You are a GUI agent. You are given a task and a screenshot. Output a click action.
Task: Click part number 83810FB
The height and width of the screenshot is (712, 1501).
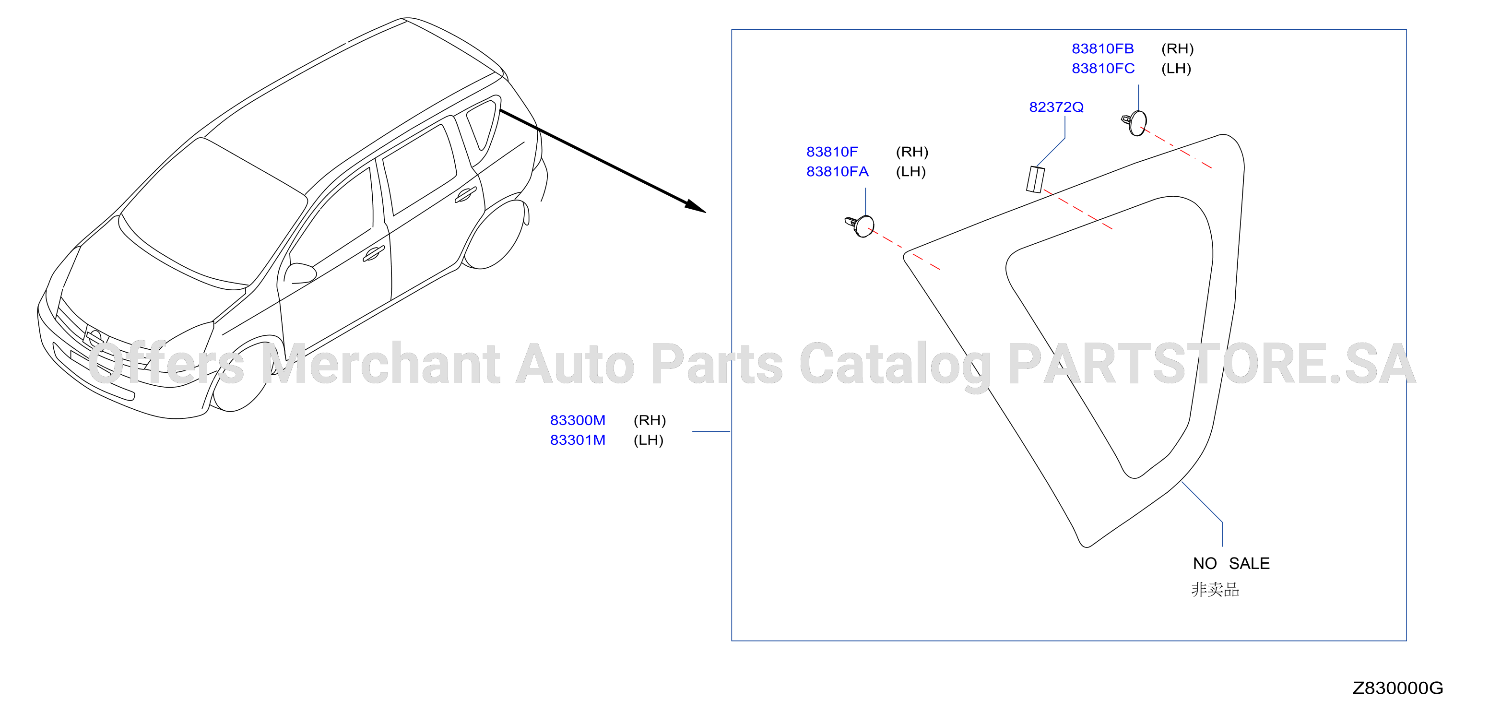(1102, 48)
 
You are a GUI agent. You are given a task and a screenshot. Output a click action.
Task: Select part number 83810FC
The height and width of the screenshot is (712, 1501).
(1103, 68)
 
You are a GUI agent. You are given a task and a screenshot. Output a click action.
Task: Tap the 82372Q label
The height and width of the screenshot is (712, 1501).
(1056, 107)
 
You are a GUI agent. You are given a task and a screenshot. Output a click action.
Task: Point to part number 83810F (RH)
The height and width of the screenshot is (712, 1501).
(832, 152)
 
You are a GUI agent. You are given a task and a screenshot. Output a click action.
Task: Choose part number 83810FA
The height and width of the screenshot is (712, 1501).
(837, 171)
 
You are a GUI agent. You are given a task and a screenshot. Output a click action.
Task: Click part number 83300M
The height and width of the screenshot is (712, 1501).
(578, 420)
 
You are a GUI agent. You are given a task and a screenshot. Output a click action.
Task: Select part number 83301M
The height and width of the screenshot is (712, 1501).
(578, 440)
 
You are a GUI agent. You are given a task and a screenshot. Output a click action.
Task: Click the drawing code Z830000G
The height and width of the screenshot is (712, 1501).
(1397, 688)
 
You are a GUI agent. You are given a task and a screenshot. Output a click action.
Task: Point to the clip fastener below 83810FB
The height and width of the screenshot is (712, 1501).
(1135, 122)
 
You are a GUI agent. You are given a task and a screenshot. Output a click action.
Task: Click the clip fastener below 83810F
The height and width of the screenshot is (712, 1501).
(860, 225)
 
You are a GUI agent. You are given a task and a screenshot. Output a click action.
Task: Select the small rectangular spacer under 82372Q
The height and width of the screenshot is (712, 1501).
(1035, 179)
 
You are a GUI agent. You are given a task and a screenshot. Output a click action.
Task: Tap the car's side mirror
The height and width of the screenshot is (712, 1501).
(299, 274)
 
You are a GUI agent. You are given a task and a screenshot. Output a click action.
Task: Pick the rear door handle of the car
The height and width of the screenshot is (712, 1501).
(466, 195)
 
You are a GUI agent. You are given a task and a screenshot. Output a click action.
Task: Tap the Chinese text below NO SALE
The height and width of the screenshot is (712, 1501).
(1215, 590)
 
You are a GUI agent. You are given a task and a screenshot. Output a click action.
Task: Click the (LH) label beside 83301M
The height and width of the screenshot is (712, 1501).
(649, 440)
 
